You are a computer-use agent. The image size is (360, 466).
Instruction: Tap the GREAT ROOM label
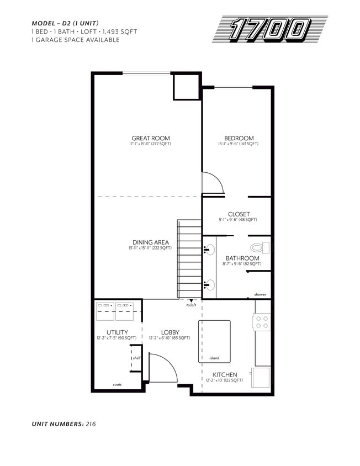point(150,138)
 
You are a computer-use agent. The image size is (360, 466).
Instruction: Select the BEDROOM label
point(239,138)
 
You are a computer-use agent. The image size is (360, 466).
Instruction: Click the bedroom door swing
point(211,183)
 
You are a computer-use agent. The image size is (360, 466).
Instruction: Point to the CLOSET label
point(239,214)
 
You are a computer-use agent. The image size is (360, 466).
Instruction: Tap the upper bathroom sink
point(209,249)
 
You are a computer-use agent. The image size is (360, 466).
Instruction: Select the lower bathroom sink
point(209,285)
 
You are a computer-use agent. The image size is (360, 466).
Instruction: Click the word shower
point(260,294)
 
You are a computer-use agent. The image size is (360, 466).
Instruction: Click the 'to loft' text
point(191,305)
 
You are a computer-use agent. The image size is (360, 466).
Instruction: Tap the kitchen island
point(214,341)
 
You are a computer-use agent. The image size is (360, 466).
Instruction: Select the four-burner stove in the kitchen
point(262,322)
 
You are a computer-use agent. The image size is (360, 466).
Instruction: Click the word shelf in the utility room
point(136,358)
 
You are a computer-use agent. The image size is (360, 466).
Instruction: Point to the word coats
point(118,384)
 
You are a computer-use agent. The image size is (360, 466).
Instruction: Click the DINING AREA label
point(150,242)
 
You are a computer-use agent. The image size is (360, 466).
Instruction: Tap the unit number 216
point(91,424)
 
